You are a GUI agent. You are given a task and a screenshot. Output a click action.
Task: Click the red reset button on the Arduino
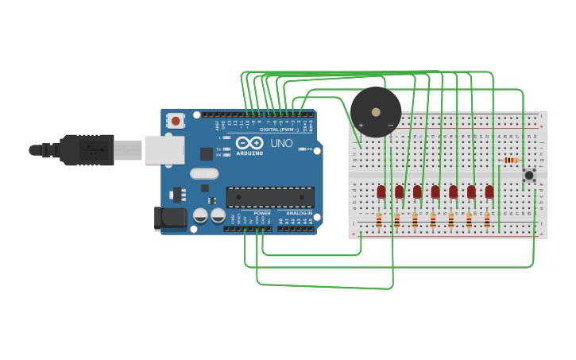[175, 121]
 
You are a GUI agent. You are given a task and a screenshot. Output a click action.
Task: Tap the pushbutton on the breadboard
[528, 175]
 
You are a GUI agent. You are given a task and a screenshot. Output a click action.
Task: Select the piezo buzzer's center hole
[376, 112]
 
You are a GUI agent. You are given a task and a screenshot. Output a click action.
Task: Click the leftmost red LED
[381, 192]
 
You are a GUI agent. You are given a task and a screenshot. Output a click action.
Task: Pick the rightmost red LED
[489, 192]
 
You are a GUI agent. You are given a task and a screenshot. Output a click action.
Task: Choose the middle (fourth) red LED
[435, 192]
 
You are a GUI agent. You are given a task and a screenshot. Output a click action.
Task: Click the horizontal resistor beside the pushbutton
[512, 160]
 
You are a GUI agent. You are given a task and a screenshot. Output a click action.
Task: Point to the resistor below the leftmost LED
[379, 220]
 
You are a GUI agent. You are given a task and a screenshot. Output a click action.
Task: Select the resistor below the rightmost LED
[487, 220]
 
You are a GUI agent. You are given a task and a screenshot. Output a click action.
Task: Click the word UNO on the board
[283, 144]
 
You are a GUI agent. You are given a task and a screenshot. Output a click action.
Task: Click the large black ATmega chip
[270, 197]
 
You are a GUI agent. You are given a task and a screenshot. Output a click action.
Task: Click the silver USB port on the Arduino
[164, 149]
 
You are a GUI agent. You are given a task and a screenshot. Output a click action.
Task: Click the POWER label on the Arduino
[262, 214]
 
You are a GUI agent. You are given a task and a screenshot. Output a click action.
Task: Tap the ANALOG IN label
[300, 214]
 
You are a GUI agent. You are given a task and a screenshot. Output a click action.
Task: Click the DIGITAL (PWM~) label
[279, 130]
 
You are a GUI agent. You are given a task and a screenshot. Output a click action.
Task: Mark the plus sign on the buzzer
[361, 125]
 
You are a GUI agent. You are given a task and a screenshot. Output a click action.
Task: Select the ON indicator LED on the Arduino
[301, 149]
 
